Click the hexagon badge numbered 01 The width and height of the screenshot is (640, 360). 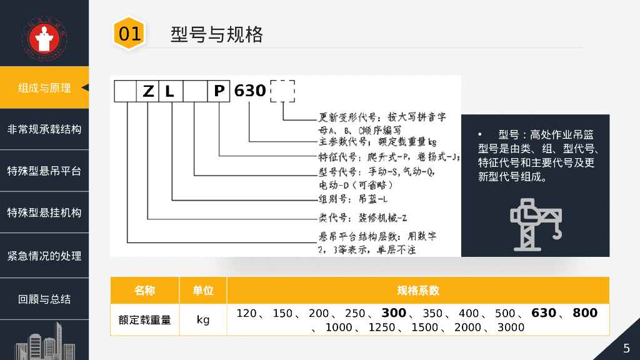[129, 33]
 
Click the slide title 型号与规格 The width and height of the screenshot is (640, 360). [216, 34]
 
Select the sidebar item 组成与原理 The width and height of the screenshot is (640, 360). [44, 87]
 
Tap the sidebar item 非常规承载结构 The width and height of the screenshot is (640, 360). [44, 129]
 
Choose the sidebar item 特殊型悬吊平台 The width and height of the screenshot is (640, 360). [44, 171]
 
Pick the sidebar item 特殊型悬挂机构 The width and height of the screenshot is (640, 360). [44, 212]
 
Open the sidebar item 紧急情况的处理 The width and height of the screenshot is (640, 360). [44, 256]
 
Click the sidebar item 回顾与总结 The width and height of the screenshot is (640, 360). [44, 299]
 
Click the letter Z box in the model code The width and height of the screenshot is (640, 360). [148, 91]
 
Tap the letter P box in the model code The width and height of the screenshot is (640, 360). [219, 91]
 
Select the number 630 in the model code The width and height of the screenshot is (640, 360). [250, 91]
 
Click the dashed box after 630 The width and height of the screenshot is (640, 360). [282, 91]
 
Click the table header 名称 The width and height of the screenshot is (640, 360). [144, 291]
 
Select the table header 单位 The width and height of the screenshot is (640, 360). [203, 291]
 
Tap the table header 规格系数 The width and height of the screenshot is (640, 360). [418, 291]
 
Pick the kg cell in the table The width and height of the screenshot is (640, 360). [203, 320]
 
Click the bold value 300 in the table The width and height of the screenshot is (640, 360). [394, 313]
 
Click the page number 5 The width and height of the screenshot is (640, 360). [626, 348]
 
